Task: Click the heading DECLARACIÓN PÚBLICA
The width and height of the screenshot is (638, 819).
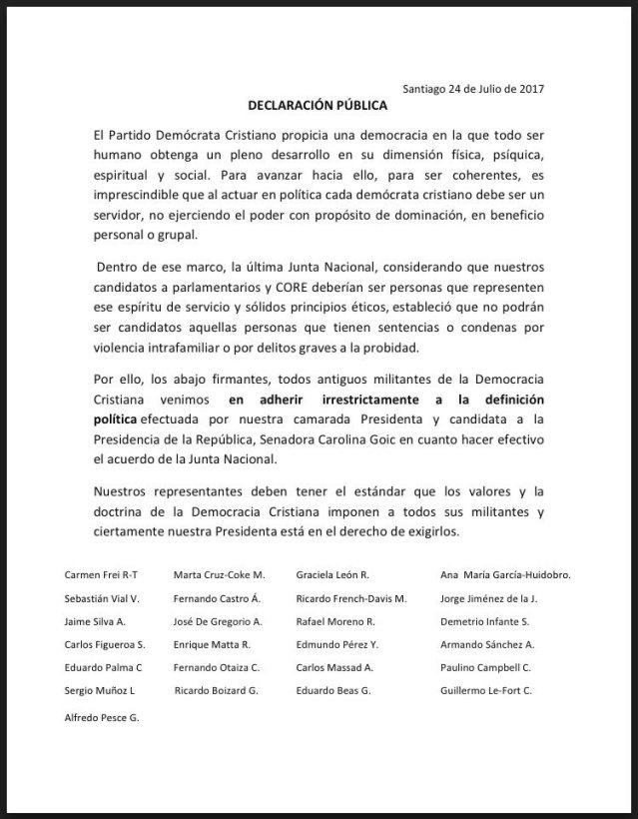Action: [318, 104]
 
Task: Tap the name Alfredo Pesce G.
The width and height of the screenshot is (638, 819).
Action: [102, 717]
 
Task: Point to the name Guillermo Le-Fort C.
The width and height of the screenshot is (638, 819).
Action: [486, 690]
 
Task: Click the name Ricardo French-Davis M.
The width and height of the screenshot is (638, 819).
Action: [351, 599]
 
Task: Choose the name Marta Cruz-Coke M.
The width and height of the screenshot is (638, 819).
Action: [219, 576]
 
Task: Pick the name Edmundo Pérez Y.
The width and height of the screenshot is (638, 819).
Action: [337, 644]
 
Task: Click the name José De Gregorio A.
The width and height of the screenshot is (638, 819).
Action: [225, 622]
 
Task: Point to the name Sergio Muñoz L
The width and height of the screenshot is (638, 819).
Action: [99, 690]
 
